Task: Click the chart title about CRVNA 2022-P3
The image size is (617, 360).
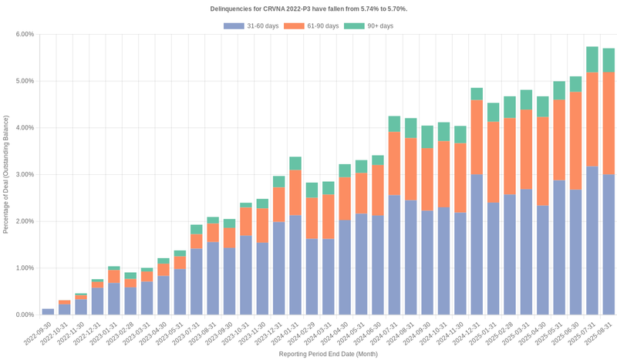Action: (308, 8)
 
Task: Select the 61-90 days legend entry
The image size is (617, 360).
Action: (312, 26)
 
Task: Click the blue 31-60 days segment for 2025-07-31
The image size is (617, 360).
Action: (592, 241)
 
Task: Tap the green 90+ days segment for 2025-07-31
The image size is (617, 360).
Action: (592, 59)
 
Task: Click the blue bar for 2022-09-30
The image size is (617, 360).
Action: (48, 311)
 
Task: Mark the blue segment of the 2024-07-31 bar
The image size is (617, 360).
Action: (394, 255)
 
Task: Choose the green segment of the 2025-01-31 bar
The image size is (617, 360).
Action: (494, 113)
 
